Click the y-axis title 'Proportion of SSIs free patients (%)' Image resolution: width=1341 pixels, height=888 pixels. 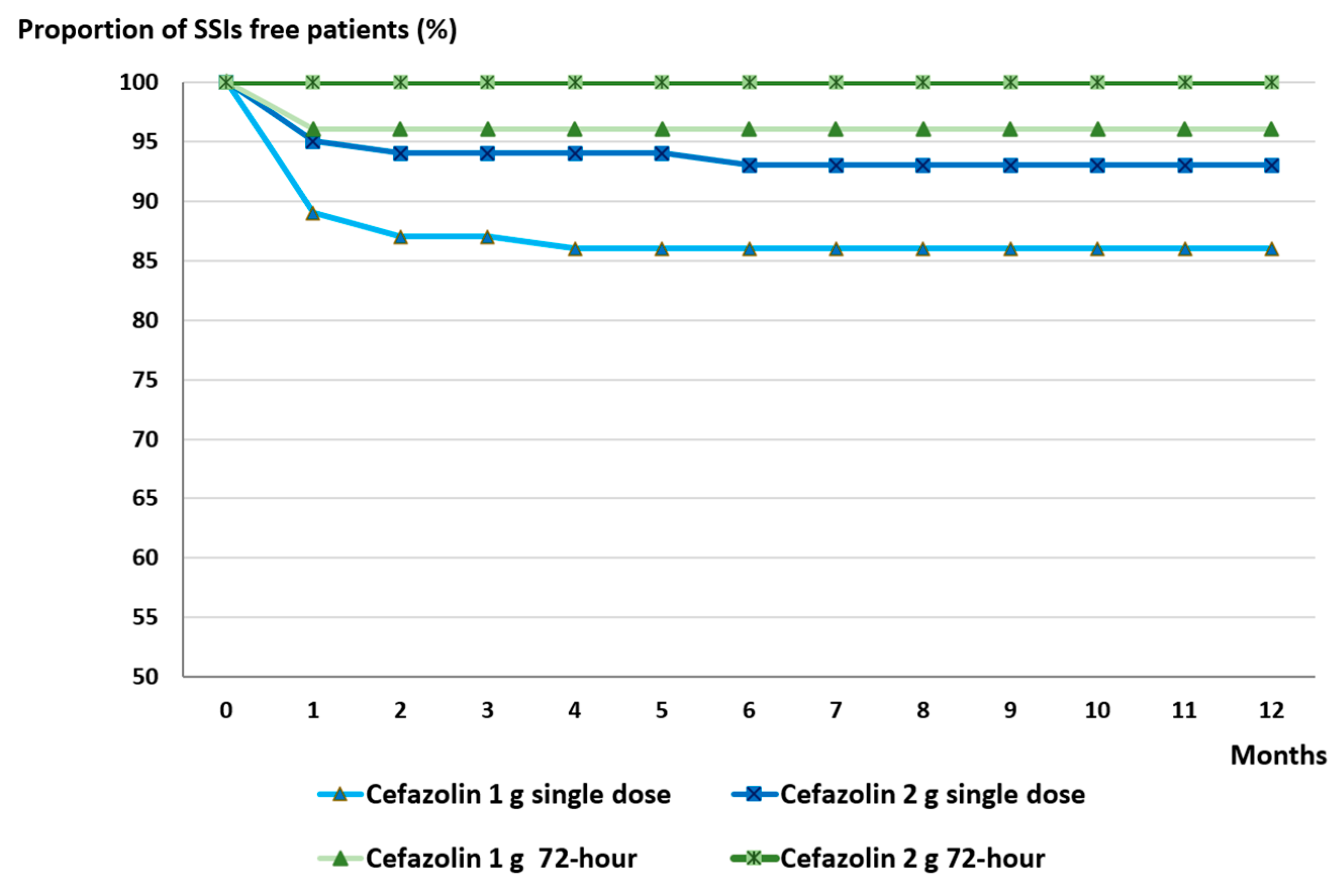pos(237,29)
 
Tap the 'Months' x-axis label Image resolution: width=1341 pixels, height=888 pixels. pos(1278,755)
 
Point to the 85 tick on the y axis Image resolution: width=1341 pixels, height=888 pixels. pos(145,261)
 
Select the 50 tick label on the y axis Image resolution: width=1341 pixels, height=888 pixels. pos(145,676)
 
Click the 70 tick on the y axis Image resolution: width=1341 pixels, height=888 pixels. pos(145,439)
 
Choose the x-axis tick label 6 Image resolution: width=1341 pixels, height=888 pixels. pos(749,710)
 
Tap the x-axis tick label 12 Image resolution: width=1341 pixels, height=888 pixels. pos(1271,710)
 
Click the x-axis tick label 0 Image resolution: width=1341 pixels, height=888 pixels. pos(226,710)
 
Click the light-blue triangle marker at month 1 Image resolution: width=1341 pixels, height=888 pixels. pos(313,213)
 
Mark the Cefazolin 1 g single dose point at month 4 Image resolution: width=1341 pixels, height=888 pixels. pos(575,249)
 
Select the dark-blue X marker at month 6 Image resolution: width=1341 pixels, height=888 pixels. pos(749,165)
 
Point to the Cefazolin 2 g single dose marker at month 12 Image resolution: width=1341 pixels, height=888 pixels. pos(1271,165)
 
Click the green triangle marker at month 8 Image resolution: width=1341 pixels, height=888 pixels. pos(923,130)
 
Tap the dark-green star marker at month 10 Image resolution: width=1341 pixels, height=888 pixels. pos(1097,83)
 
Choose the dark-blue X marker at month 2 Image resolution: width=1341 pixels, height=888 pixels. pos(400,153)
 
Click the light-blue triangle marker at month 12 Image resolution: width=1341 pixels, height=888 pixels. pos(1271,249)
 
